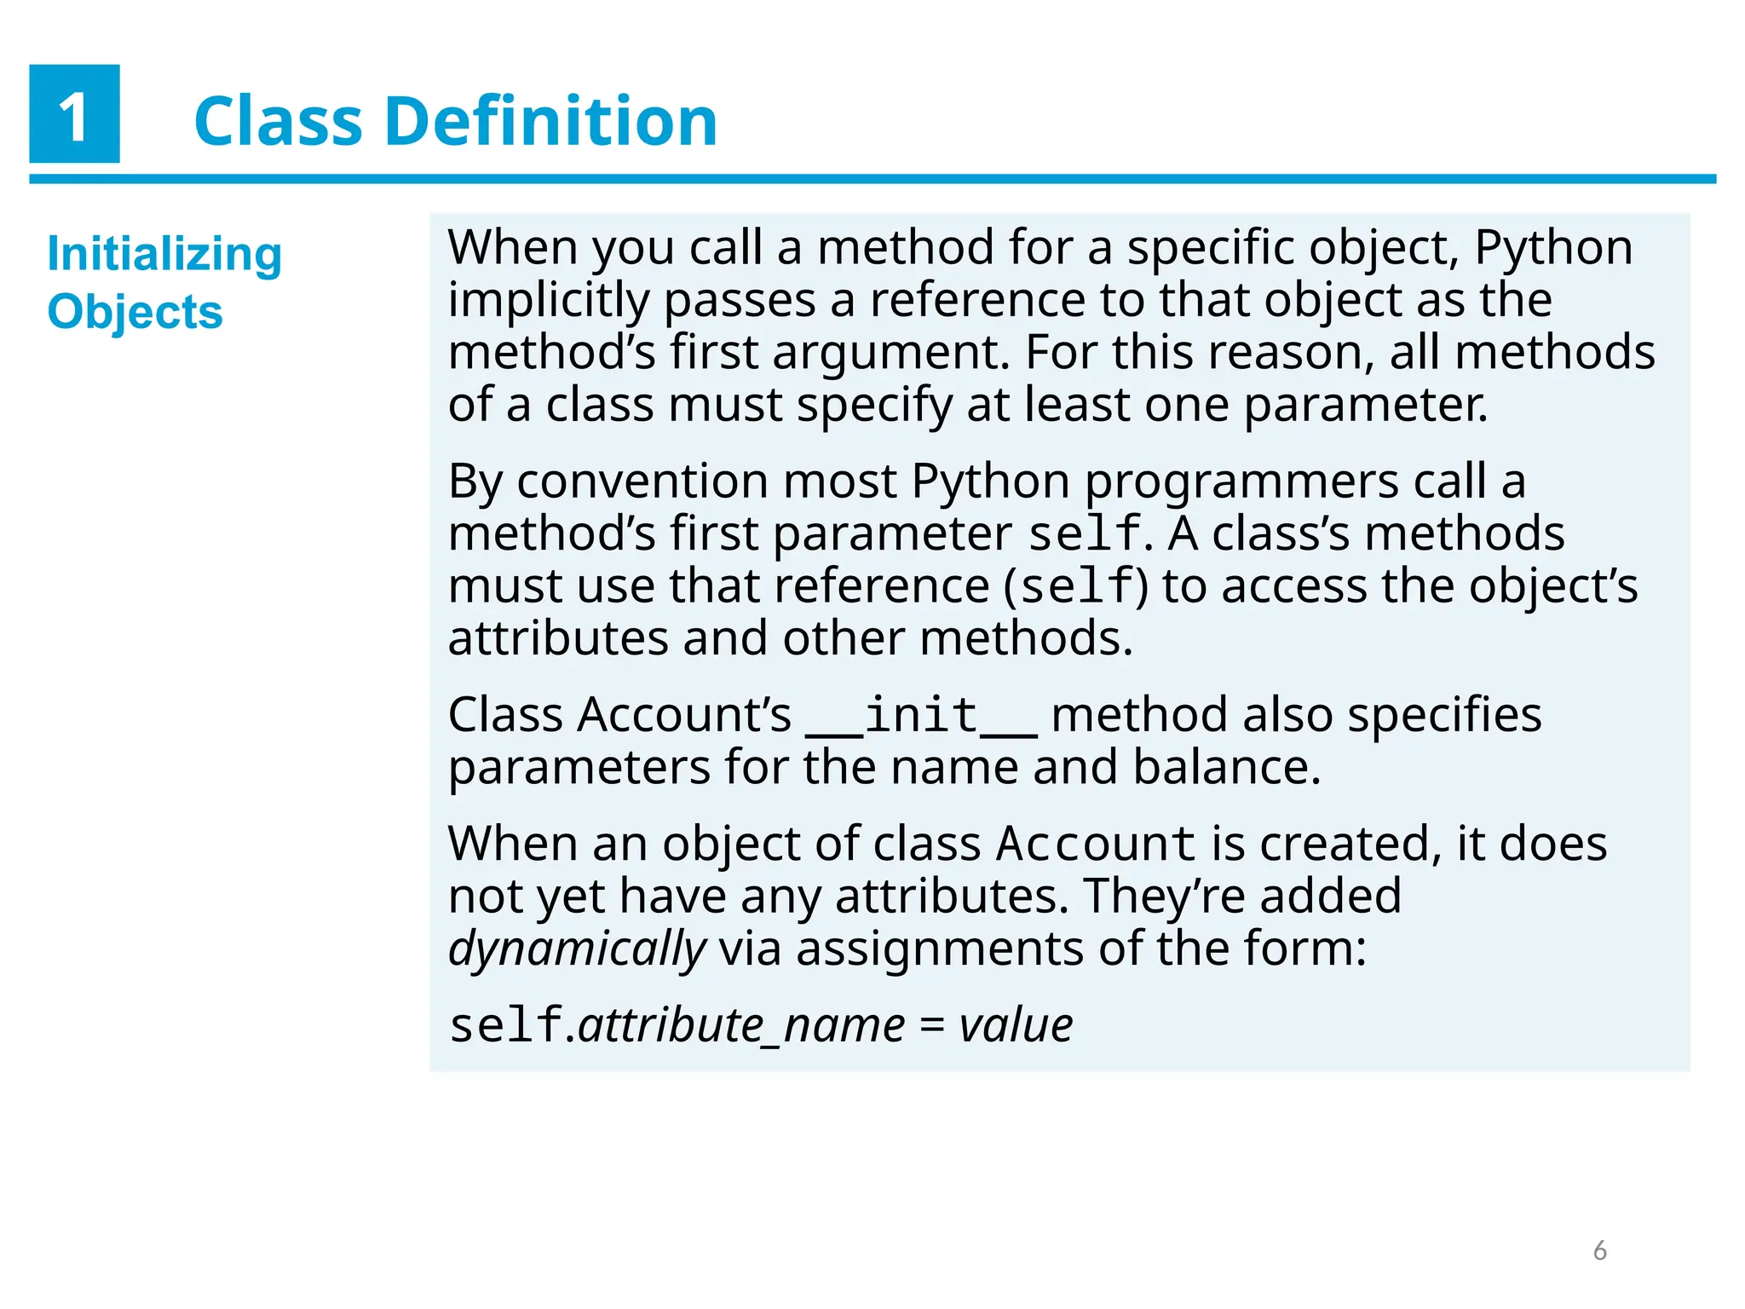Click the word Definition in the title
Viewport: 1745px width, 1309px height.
point(551,121)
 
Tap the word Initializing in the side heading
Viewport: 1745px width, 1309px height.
point(164,255)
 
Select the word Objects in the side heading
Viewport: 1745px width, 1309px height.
point(135,312)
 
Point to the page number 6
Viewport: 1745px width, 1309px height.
point(1599,1250)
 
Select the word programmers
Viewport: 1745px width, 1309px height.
point(1241,482)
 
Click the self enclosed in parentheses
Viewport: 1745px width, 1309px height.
point(1077,587)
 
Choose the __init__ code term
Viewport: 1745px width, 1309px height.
point(921,715)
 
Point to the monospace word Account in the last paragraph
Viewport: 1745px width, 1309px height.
point(1097,845)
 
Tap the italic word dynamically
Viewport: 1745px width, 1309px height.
point(577,949)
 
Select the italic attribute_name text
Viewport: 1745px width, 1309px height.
point(741,1025)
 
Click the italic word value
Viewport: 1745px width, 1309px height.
point(1016,1025)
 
